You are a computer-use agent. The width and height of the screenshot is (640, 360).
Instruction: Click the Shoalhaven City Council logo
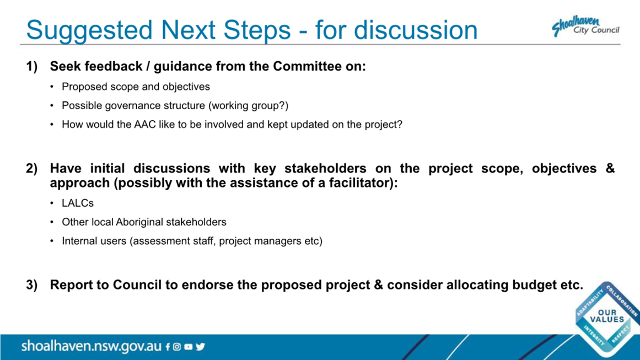point(585,26)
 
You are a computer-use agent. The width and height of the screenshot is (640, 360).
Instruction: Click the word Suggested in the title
point(89,30)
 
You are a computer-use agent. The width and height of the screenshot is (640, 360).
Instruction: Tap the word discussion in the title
point(416,30)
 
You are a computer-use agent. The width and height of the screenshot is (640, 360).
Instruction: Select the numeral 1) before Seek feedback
point(32,66)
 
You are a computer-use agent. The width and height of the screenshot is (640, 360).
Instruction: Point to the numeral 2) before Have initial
point(32,168)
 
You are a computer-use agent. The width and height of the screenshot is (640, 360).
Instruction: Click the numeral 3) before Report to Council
point(32,284)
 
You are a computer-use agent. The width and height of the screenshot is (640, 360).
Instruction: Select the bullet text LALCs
point(78,203)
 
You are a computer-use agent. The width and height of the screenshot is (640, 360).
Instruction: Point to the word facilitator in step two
point(358,183)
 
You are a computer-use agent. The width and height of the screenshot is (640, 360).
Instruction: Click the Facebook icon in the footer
point(168,347)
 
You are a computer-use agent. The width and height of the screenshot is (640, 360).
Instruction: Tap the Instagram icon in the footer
point(177,347)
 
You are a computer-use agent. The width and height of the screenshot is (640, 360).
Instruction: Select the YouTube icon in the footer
point(188,347)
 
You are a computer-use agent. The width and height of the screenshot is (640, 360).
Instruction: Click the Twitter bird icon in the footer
point(201,347)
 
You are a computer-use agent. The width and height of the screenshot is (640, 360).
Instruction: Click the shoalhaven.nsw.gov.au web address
point(92,346)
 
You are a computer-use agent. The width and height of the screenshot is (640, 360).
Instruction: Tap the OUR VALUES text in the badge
point(607,316)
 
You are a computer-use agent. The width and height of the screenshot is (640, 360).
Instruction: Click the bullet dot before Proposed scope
point(52,87)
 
